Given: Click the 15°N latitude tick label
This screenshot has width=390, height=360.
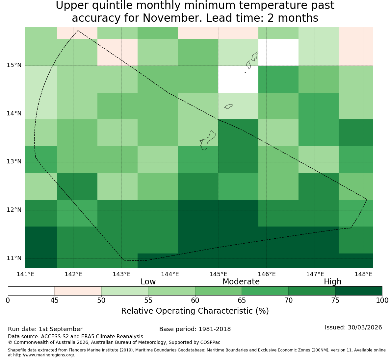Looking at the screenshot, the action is [x=14, y=65].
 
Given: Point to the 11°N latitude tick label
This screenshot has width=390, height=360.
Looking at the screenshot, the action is [x=14, y=258].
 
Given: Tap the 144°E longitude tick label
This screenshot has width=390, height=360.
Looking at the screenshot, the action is [x=170, y=274].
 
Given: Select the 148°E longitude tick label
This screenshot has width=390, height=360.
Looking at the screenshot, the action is [x=364, y=274].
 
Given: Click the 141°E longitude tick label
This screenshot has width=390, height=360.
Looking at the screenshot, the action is [x=25, y=274].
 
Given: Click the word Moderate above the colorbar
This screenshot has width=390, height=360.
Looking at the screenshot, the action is [x=241, y=282].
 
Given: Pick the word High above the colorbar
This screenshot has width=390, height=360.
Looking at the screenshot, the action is [x=332, y=282].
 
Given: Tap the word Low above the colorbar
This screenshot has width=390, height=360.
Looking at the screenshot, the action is [x=148, y=282].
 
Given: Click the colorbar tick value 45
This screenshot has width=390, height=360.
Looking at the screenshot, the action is [x=55, y=300].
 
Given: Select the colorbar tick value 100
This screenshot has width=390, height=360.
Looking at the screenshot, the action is [x=382, y=300].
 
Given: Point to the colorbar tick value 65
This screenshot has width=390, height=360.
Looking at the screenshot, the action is [x=242, y=300].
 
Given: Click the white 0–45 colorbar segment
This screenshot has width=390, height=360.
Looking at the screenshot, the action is [x=31, y=291].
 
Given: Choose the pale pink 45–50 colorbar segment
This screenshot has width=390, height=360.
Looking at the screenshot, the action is [x=78, y=291].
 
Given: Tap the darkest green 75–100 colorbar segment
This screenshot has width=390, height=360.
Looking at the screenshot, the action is [x=359, y=291].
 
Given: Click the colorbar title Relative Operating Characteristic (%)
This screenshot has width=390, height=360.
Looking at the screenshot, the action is [x=195, y=311].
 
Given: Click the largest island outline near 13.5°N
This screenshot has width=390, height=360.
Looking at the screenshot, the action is [x=208, y=141].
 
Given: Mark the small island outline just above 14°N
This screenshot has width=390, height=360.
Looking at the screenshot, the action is [x=228, y=106].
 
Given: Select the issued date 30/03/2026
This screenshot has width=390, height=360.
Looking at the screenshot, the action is [x=365, y=327].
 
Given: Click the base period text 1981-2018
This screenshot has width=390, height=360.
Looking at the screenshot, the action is [x=215, y=329].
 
